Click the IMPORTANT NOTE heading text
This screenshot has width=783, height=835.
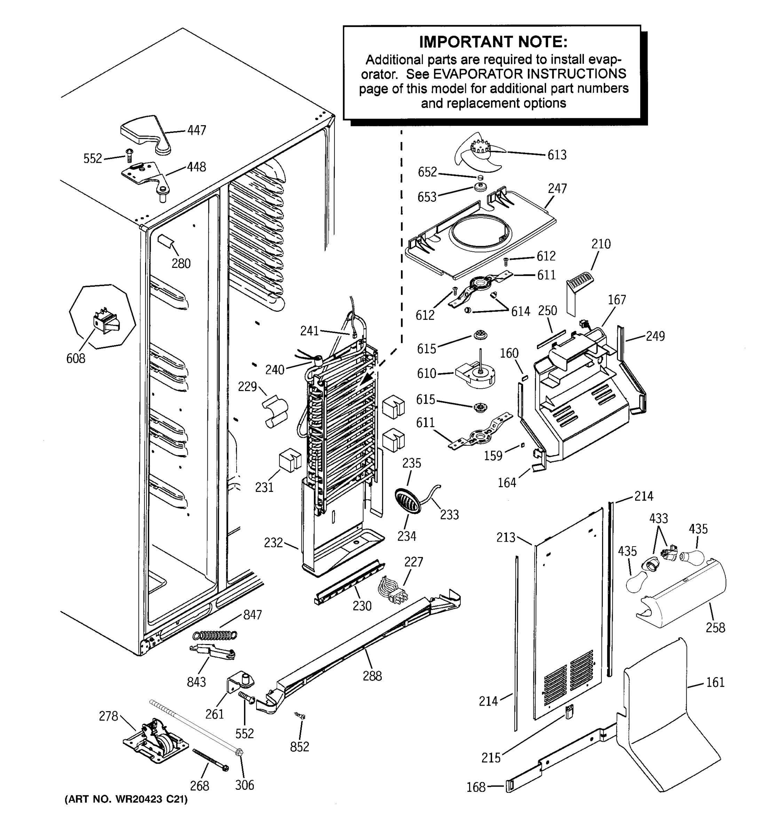point(493,42)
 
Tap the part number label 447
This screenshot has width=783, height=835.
point(197,130)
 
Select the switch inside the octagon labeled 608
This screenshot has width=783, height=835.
point(105,324)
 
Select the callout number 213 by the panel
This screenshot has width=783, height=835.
point(506,537)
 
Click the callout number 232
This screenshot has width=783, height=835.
point(273,543)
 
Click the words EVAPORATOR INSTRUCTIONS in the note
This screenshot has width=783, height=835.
point(529,74)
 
